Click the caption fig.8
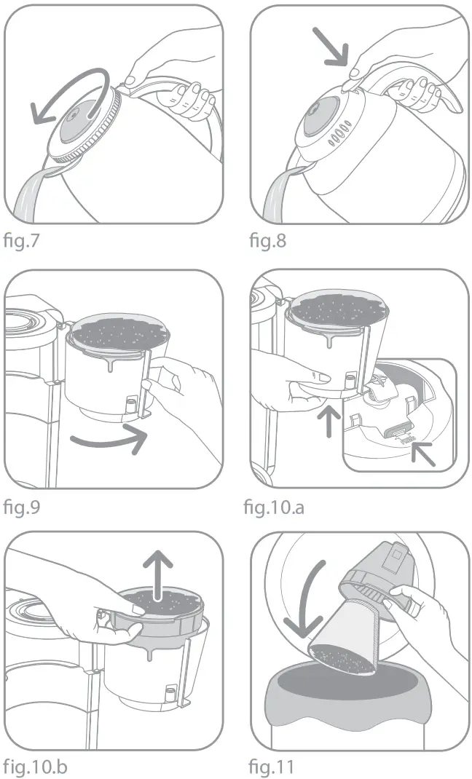268,240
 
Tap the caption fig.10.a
274,505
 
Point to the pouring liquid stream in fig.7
29,197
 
